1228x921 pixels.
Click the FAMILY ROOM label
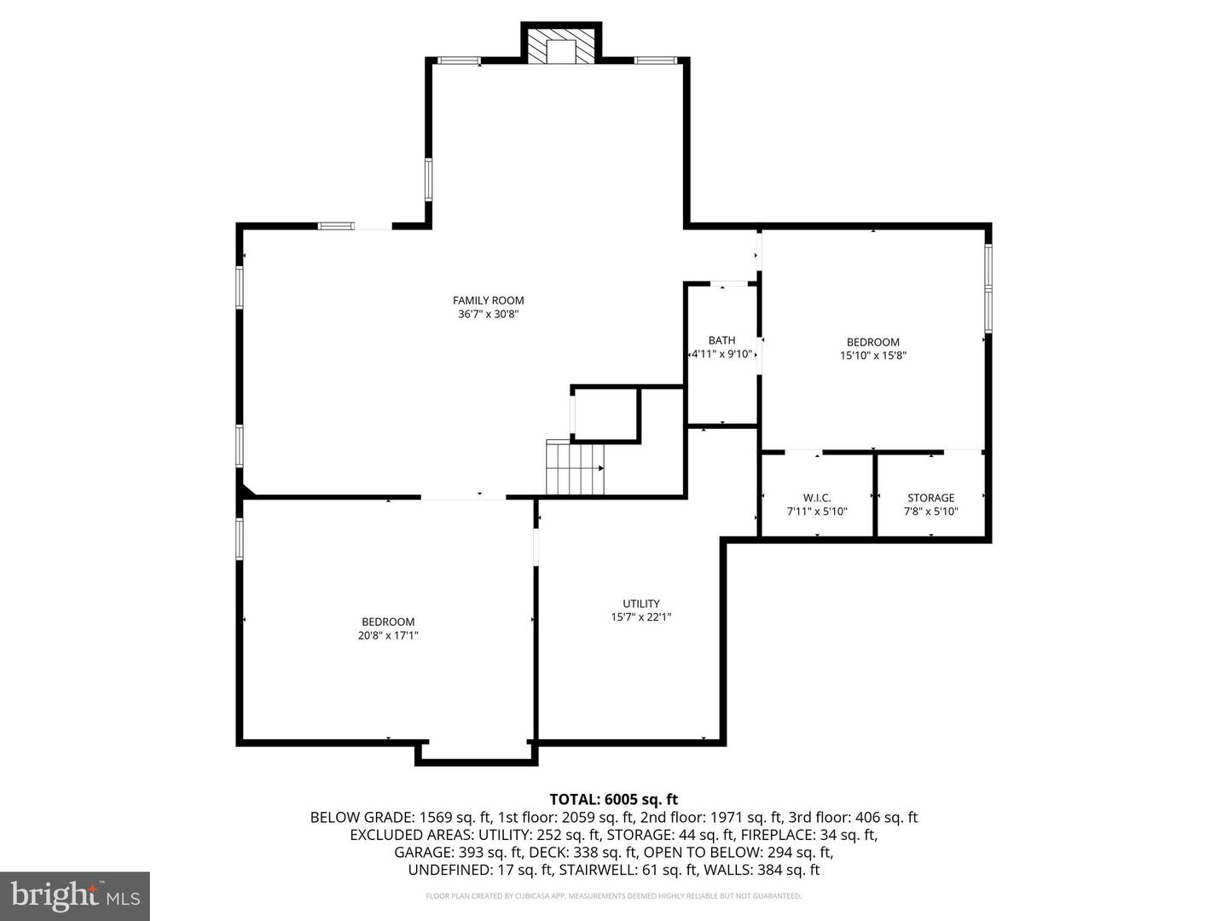(488, 300)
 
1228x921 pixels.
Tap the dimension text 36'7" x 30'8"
(488, 314)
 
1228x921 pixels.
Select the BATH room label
(721, 340)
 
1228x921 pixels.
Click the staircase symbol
(575, 468)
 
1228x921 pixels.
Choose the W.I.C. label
(817, 498)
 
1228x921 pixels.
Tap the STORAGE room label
(930, 498)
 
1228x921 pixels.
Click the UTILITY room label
(640, 604)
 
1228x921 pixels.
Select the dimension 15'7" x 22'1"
(640, 617)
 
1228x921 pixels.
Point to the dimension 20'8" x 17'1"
(388, 635)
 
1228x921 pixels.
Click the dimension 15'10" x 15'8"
(872, 356)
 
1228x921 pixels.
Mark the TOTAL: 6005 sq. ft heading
(613, 799)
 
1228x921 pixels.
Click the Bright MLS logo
(75, 895)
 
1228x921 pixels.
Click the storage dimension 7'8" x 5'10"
(930, 512)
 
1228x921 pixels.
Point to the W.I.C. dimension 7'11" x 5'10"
(817, 512)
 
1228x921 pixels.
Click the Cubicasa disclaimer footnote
(613, 896)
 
